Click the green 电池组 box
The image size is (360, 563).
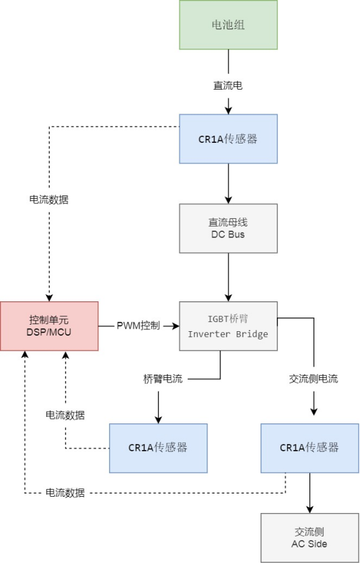228,25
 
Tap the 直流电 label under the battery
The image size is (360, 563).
228,86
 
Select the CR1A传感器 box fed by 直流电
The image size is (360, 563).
228,138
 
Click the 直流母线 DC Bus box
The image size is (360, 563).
228,228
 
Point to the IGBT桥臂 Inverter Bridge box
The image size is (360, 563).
228,326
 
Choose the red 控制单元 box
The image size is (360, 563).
49,326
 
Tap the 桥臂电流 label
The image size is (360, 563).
162,379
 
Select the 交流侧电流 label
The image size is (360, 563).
313,379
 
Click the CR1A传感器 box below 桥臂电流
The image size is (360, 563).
158,447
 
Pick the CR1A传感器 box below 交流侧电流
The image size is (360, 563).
309,447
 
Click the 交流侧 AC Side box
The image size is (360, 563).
309,537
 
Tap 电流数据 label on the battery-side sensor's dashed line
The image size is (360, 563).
49,199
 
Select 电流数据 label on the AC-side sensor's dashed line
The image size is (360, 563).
65,493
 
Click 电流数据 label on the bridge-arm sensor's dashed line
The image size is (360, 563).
65,415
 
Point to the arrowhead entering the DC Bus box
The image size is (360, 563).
228,200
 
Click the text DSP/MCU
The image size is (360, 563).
49,332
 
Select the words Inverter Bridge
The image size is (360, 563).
228,333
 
